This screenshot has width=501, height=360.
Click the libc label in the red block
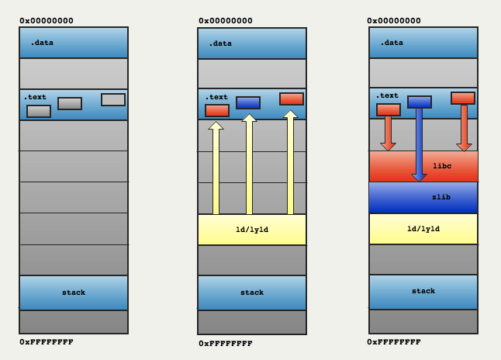tap(442, 166)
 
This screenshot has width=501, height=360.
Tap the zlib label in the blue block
tap(441, 197)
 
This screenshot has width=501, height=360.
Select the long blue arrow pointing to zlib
tap(420, 145)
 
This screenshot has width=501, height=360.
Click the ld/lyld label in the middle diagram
tap(252, 230)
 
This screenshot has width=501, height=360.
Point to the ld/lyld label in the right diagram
tap(423, 229)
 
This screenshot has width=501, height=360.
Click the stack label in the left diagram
tap(74, 292)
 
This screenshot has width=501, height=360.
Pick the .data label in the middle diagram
tap(220, 43)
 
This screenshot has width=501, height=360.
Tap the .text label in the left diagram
tap(35, 97)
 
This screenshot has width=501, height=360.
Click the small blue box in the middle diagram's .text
tap(248, 103)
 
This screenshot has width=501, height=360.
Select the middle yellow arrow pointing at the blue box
tap(249, 164)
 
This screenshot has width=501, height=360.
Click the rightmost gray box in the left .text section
tap(113, 100)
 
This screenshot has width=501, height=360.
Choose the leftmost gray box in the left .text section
tap(39, 111)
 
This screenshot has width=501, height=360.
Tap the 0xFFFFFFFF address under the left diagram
tap(47, 342)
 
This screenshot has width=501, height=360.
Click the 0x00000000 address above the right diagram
tap(394, 21)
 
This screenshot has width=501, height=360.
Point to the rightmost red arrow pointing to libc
tap(465, 128)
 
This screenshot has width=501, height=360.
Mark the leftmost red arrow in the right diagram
tap(389, 133)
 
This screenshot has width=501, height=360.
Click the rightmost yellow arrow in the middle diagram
tap(290, 162)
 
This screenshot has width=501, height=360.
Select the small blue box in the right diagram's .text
tap(420, 102)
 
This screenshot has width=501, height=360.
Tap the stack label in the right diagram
tap(423, 291)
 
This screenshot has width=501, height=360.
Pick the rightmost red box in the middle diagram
tap(292, 99)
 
